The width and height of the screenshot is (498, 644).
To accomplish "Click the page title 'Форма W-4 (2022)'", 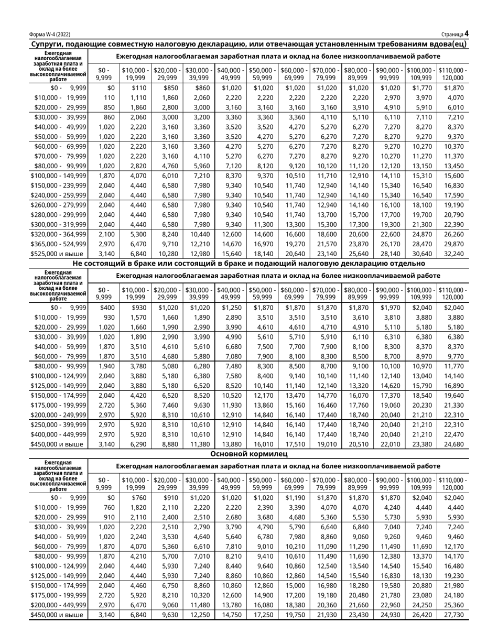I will pos(50,35).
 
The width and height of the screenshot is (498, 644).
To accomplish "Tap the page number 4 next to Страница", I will pos(466,34).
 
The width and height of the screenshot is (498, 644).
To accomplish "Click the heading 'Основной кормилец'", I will pos(249,454).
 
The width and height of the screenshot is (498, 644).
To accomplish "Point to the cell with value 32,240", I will pos(453,254).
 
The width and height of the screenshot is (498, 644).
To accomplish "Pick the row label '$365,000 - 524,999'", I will pos(58,244).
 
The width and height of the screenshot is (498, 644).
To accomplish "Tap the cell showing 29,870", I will pos(453,244).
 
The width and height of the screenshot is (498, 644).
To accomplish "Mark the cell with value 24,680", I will pos(453,444).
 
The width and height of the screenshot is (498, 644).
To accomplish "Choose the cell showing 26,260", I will pos(453,233).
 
